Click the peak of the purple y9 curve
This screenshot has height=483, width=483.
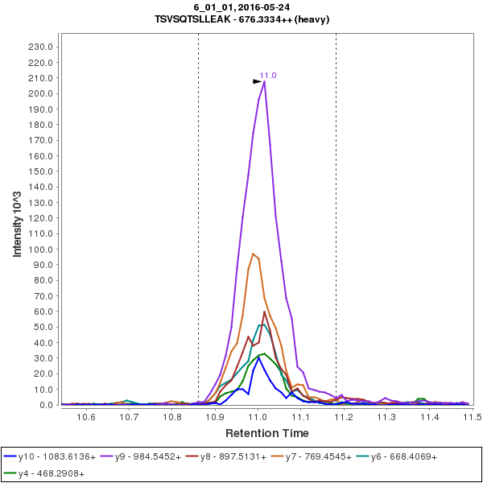point(264,80)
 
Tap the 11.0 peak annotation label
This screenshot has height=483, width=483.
point(268,75)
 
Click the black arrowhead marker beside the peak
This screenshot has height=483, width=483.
point(257,81)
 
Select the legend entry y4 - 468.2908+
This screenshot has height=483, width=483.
point(51,473)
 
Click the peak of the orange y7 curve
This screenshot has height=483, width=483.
point(253,254)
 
